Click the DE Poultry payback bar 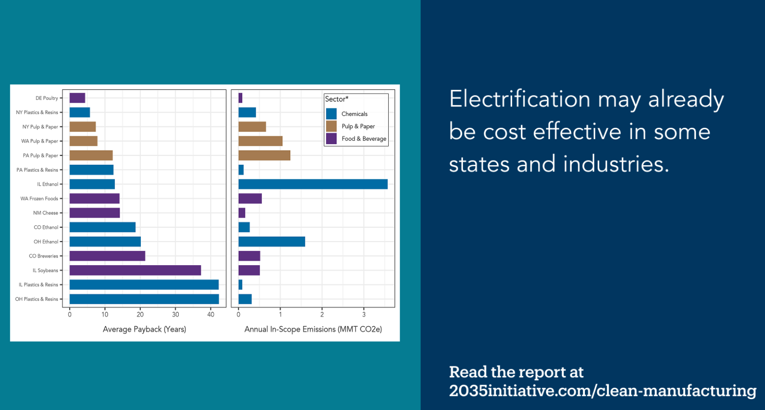(x=77, y=98)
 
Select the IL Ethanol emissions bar (x=313, y=184)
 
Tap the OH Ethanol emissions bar (x=271, y=242)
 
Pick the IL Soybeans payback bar (x=135, y=270)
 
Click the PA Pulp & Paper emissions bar (x=264, y=155)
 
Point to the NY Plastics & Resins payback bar (x=79, y=112)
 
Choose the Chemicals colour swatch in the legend (x=331, y=114)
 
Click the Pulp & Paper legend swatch (x=331, y=126)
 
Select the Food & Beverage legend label (x=364, y=139)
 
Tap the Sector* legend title (x=337, y=99)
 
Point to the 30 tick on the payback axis (x=175, y=314)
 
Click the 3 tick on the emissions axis (x=364, y=314)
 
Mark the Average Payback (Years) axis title (x=144, y=329)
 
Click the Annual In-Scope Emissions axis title (x=313, y=329)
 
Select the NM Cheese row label (x=45, y=213)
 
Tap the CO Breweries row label (x=43, y=256)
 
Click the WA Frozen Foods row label (x=39, y=199)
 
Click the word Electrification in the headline (x=519, y=99)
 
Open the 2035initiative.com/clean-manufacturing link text (x=602, y=391)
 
